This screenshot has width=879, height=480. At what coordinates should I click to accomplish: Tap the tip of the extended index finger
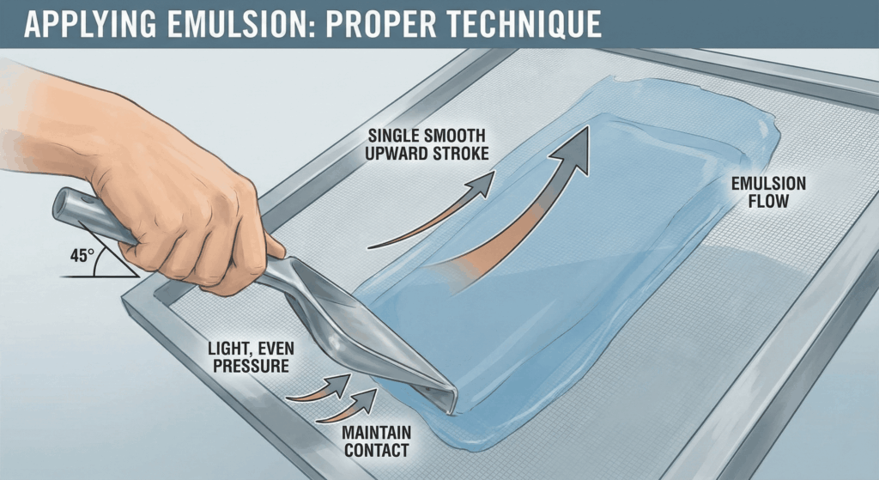point(276,250)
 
